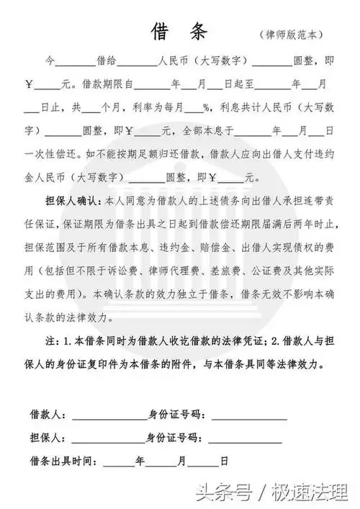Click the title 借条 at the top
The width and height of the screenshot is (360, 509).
point(179,32)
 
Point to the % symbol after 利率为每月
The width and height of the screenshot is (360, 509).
point(207,111)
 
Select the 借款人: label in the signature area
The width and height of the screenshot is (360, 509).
point(48,416)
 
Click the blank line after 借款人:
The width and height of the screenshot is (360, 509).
point(108,418)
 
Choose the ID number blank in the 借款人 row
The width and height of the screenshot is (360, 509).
point(248,418)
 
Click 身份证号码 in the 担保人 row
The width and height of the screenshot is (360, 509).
point(173,436)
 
